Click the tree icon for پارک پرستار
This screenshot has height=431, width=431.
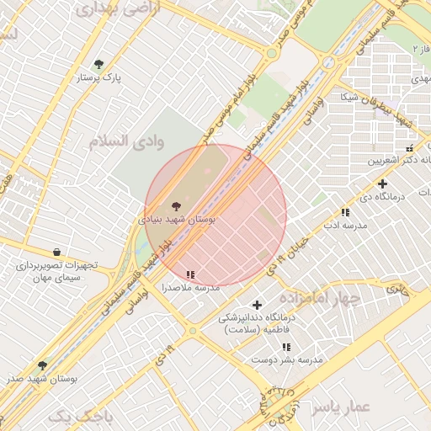click(98, 64)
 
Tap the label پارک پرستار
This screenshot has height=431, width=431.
click(99, 77)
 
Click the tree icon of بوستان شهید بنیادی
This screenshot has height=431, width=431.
click(176, 205)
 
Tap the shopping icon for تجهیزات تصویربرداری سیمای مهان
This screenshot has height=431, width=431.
click(56, 252)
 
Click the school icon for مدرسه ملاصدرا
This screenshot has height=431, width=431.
click(191, 274)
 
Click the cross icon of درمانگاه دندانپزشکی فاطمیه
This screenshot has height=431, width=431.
click(258, 305)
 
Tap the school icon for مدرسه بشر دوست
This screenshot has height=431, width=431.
click(280, 346)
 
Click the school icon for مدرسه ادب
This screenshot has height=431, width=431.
click(345, 213)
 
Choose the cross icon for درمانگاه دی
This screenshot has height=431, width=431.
click(383, 184)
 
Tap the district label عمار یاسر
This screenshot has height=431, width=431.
click(341, 407)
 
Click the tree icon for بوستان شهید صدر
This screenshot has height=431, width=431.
click(42, 365)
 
